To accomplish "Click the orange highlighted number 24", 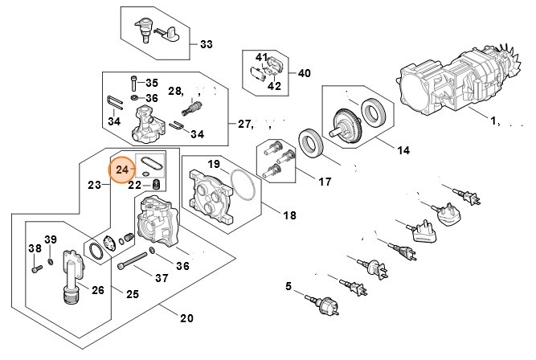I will pyautogui.click(x=123, y=170).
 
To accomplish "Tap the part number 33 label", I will pyautogui.click(x=207, y=43).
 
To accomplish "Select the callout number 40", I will pyautogui.click(x=304, y=72).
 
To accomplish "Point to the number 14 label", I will pyautogui.click(x=403, y=149).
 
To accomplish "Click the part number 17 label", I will pyautogui.click(x=324, y=182).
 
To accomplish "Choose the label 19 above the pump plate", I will pyautogui.click(x=214, y=164).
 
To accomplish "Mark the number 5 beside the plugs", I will pyautogui.click(x=289, y=286).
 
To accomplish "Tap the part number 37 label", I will pyautogui.click(x=162, y=278).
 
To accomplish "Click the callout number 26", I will pyautogui.click(x=97, y=290).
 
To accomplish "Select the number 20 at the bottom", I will pyautogui.click(x=186, y=318).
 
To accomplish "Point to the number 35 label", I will pyautogui.click(x=152, y=83).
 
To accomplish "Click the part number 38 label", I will pyautogui.click(x=34, y=248).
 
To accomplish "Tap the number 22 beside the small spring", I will pyautogui.click(x=135, y=185).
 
